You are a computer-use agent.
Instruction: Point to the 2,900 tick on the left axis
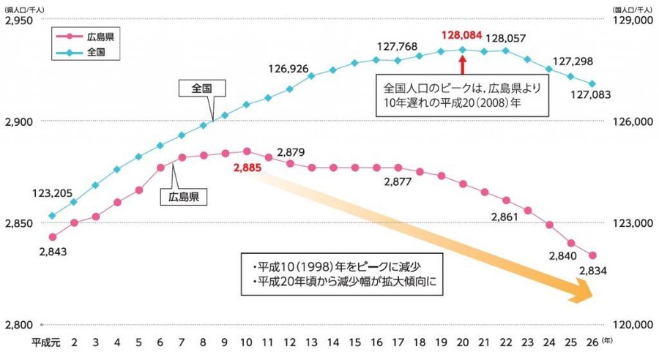pos(20,121)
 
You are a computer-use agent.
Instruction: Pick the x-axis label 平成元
pos(42,342)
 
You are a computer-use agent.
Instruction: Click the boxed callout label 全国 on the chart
pos(201,88)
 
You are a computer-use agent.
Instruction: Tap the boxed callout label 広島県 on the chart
pos(183,195)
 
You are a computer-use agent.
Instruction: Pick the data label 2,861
pos(505,217)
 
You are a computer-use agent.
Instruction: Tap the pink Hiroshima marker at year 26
pos(592,255)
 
